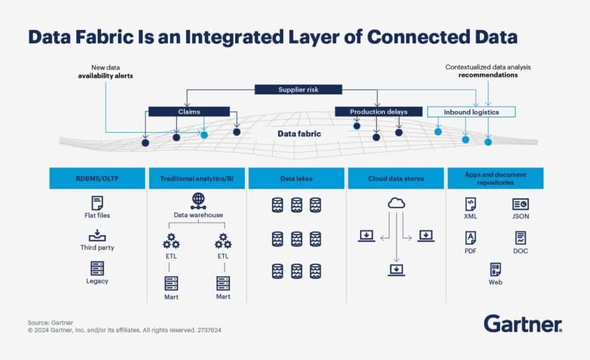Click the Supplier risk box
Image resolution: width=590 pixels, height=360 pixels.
[x=298, y=89]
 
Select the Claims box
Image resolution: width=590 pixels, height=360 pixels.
[x=189, y=111]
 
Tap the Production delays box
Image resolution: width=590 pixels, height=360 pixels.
[x=379, y=111]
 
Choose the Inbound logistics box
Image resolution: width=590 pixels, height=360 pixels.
[x=471, y=111]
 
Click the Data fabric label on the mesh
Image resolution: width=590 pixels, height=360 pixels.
[x=299, y=134]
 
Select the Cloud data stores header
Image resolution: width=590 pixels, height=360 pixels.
[x=395, y=179]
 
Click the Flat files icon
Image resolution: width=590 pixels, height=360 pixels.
[x=97, y=203]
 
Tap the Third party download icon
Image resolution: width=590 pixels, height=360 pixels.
[x=97, y=236]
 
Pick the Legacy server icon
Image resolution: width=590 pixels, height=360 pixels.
[x=97, y=268]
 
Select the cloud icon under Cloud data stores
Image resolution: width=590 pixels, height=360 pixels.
[x=395, y=203]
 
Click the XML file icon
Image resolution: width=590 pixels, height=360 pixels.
[x=471, y=204]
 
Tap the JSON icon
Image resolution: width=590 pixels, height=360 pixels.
[x=520, y=204]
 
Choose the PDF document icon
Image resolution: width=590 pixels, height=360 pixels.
[x=471, y=237]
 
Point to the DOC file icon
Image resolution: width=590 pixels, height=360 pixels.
[x=520, y=237]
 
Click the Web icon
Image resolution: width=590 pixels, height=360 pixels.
[x=495, y=270]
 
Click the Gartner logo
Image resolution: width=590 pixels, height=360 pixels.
[x=523, y=324]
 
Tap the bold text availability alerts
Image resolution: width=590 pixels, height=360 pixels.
[x=105, y=75]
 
